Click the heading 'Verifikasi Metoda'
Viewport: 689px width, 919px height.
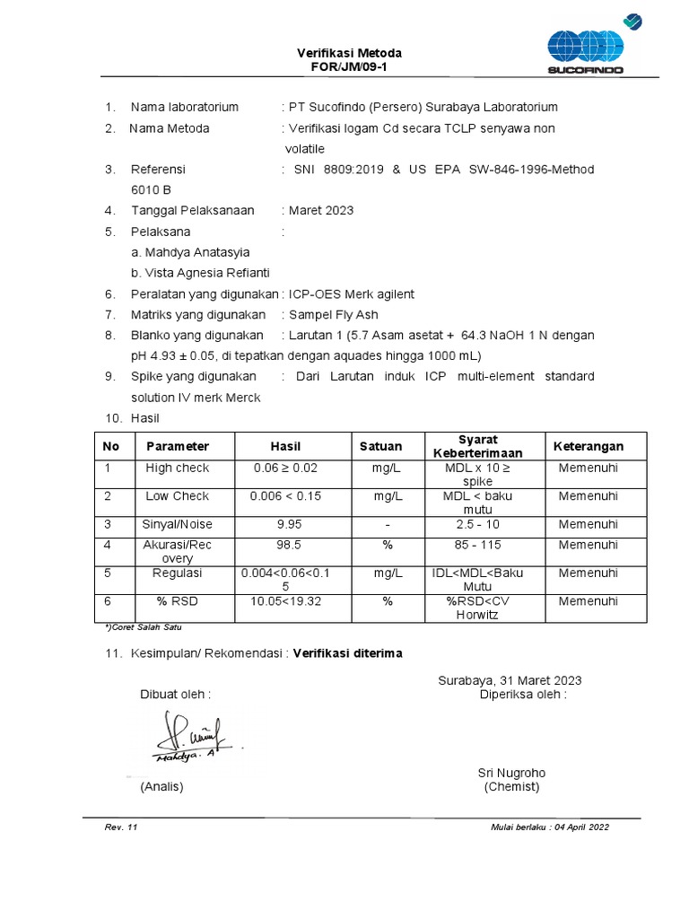[x=350, y=54]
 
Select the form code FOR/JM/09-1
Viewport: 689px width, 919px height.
[x=350, y=67]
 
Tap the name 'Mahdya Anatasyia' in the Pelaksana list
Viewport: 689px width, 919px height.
[x=190, y=252]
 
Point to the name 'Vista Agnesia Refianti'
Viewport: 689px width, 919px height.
[x=200, y=273]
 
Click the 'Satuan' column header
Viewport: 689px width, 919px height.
[x=381, y=446]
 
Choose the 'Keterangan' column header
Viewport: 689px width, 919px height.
[x=588, y=446]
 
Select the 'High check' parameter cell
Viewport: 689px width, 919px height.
[x=177, y=468]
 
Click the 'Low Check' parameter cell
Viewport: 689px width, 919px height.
[x=177, y=496]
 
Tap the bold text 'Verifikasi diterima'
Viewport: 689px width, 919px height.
[x=347, y=653]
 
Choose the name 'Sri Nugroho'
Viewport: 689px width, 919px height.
[x=511, y=773]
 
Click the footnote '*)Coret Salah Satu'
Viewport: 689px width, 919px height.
[x=144, y=627]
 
